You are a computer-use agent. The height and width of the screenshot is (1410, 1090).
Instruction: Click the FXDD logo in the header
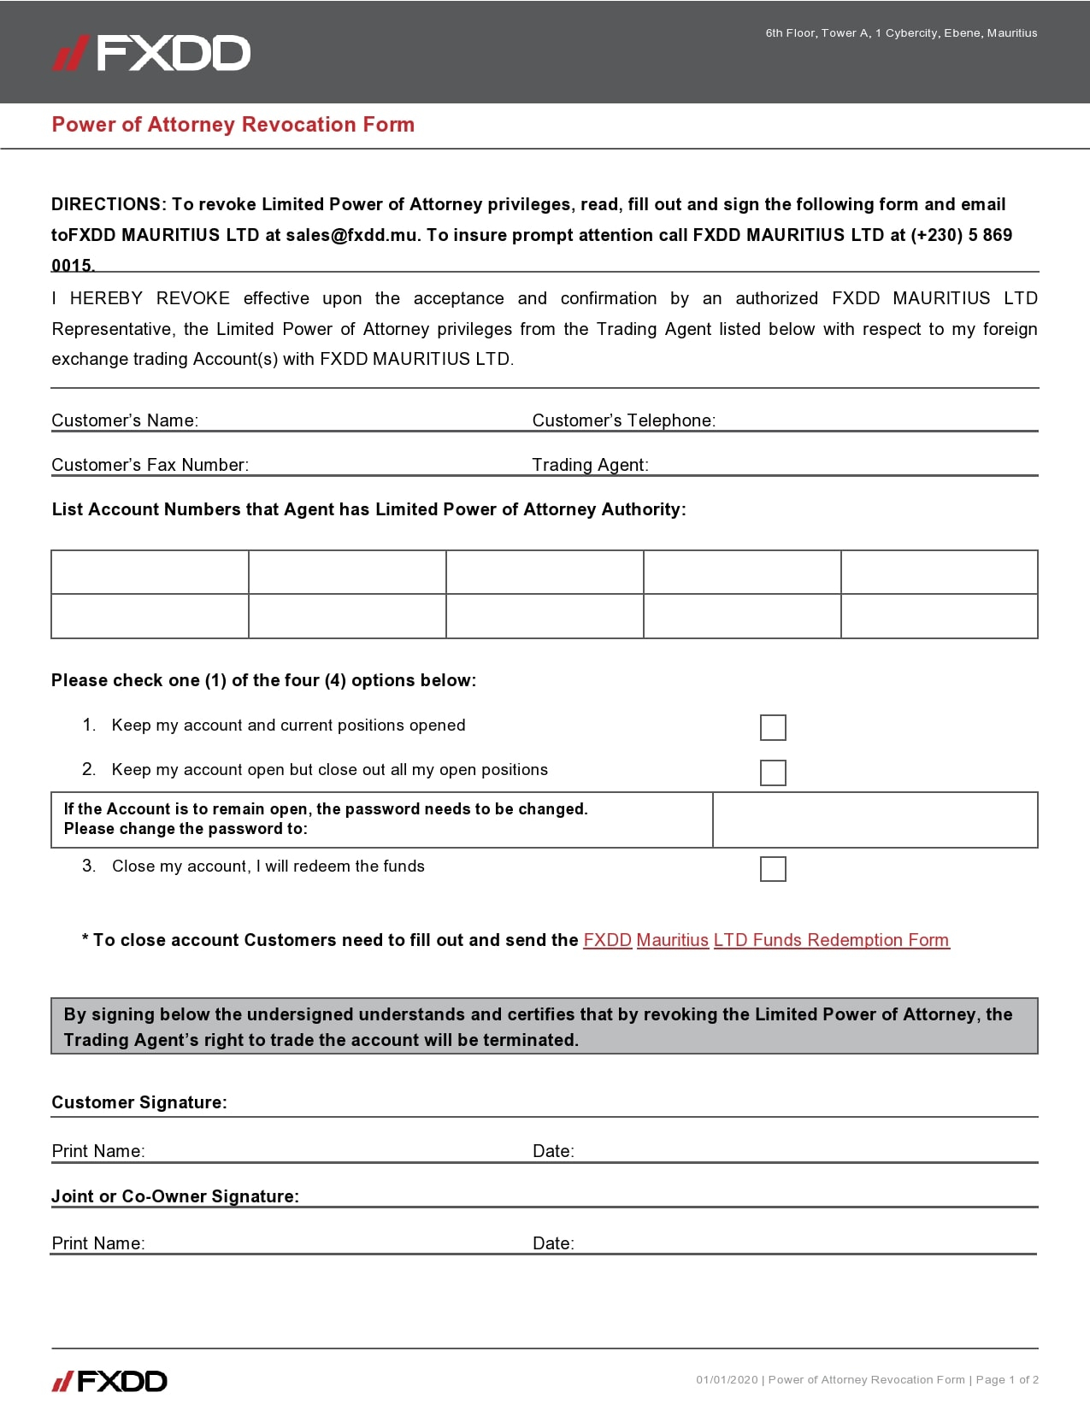point(151,53)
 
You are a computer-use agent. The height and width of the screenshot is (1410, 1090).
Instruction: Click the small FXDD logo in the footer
point(109,1381)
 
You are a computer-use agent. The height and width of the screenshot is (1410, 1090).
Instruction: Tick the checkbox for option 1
point(773,727)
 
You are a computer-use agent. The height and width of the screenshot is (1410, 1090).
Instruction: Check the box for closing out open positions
point(773,773)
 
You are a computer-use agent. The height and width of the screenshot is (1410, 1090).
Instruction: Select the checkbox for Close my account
point(773,869)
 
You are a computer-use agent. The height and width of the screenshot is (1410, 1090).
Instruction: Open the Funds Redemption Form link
point(766,940)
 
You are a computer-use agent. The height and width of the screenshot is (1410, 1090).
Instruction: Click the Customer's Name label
point(125,420)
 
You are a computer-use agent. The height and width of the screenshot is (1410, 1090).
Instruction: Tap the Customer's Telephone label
point(624,420)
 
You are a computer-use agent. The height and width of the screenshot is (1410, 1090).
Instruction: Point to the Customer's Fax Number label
point(150,465)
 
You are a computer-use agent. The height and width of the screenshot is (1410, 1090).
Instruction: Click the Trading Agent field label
point(590,465)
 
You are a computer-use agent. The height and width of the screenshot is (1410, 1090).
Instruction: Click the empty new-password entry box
point(875,820)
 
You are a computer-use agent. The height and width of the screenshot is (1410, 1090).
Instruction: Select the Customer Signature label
point(139,1102)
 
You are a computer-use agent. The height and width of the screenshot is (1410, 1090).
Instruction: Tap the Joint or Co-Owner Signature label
point(175,1196)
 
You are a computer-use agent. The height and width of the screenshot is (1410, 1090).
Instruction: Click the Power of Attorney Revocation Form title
point(233,125)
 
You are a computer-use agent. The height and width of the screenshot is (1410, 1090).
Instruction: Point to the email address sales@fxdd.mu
point(352,235)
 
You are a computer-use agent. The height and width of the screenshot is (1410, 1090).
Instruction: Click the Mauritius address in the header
point(901,33)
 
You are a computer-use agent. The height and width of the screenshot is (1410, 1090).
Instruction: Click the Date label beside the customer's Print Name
point(553,1151)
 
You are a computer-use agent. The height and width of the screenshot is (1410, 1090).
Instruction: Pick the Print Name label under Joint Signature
point(98,1243)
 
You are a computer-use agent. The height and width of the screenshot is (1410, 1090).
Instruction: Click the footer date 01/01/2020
point(727,1379)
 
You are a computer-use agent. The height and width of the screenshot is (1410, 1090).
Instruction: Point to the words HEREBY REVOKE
point(150,298)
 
